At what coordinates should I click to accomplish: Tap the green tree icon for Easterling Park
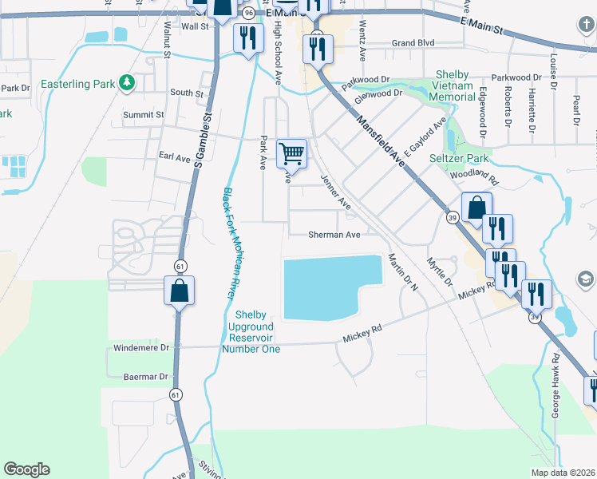(125, 82)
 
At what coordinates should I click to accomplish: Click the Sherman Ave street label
(335, 235)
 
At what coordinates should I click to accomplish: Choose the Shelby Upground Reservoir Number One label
(250, 331)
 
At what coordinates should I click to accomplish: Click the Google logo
(26, 469)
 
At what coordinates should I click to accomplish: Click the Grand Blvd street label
(413, 43)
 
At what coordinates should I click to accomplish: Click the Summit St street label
(143, 114)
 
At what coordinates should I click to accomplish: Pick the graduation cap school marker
(585, 278)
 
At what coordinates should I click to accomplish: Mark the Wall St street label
(195, 26)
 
